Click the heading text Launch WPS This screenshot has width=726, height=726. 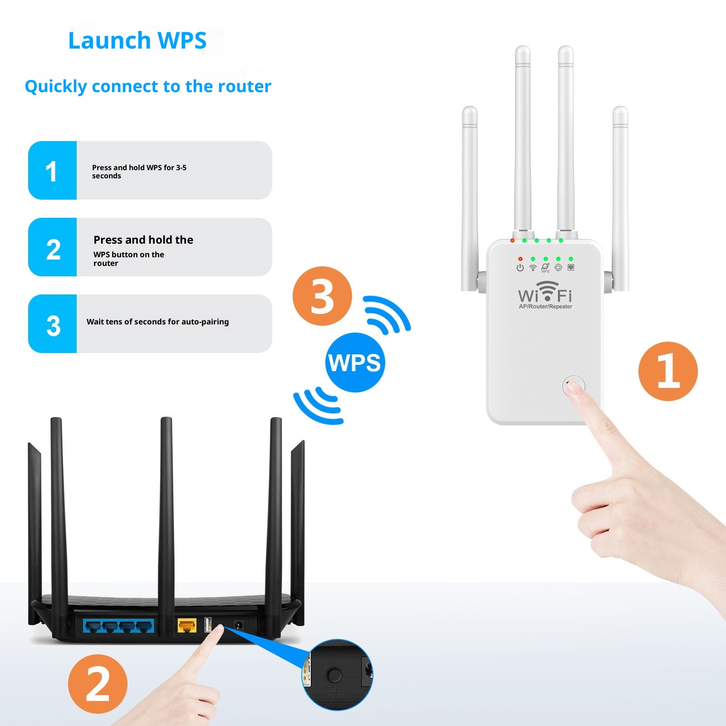point(137,40)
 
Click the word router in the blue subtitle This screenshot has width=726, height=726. point(244,86)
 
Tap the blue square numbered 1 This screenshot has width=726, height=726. point(52,171)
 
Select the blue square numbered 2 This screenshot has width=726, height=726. point(53,248)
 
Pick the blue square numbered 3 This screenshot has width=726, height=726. point(53,324)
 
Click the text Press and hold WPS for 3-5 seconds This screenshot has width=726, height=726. point(139,172)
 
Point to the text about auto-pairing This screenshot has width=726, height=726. point(157,322)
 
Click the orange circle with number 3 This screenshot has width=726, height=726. point(322,296)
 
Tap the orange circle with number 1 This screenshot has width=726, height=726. point(667,371)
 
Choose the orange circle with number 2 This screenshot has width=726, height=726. point(98,683)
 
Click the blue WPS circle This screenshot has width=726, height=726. point(355,363)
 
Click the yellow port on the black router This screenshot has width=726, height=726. point(186,626)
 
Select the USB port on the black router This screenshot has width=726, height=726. point(208,625)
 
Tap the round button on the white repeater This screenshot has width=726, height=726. point(574,387)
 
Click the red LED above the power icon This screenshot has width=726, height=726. point(520,259)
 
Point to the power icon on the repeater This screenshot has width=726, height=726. point(520,268)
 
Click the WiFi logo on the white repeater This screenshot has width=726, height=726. point(545,293)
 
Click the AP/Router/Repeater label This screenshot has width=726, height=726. point(545,307)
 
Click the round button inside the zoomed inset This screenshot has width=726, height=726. point(334,675)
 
